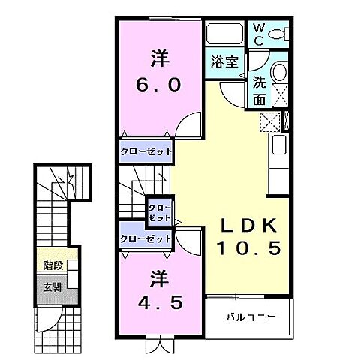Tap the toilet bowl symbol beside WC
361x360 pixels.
278,34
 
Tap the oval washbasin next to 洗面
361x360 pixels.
278,72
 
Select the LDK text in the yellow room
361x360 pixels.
248,225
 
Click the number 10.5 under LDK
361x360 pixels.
248,248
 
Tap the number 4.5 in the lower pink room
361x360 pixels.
158,304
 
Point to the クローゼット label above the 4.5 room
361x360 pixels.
146,238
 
